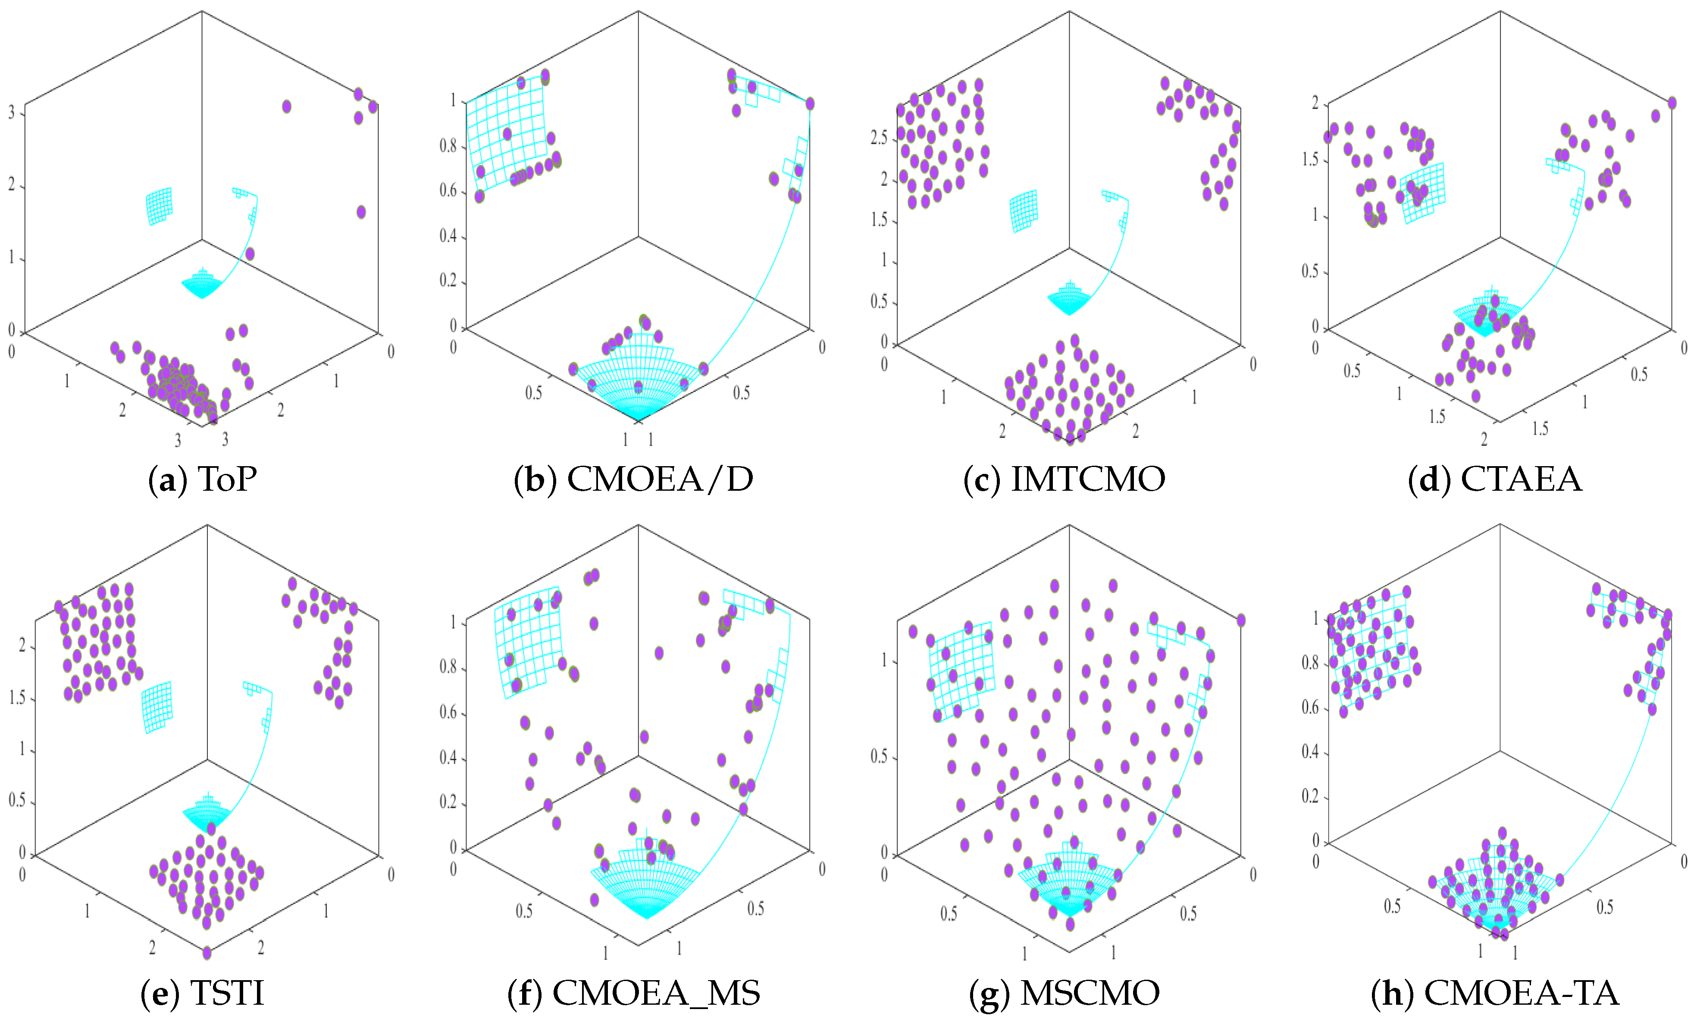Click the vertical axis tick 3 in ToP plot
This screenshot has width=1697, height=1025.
[11, 112]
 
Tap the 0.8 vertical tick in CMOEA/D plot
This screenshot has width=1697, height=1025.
[448, 146]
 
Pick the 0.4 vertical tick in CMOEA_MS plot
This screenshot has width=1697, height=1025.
[448, 758]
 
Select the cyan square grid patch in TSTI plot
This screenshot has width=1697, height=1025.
[157, 707]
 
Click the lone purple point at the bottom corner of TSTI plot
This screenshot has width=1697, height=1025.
[207, 953]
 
